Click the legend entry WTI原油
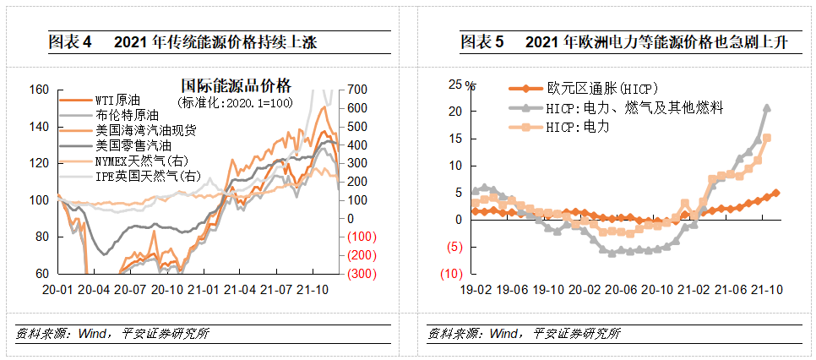(116, 100)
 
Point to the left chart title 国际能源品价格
(236, 86)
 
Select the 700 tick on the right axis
(356, 90)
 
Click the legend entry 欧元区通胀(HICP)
(601, 89)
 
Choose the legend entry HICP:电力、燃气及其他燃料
(634, 107)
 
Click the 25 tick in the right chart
(455, 84)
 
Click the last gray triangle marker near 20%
(766, 108)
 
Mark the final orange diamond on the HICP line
(776, 193)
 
